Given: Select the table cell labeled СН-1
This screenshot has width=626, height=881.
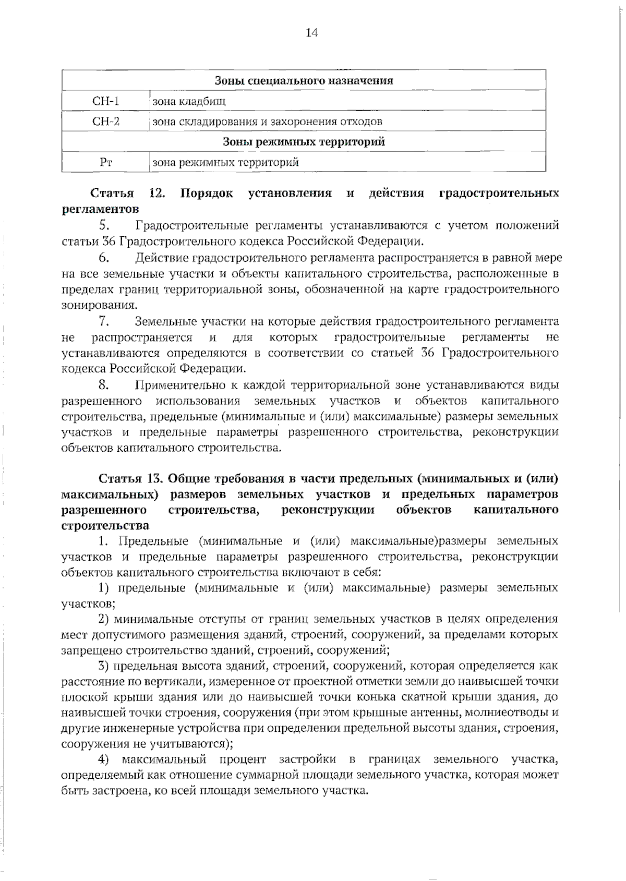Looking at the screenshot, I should [106, 101].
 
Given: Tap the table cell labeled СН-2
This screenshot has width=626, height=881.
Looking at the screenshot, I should [106, 121].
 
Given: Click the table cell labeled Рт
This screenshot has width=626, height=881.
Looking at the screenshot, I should [106, 162].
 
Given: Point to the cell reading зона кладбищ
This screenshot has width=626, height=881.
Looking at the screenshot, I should [189, 101].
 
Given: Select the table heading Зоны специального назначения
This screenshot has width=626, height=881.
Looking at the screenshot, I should [304, 80].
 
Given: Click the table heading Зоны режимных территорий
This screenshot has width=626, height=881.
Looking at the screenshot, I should [304, 141].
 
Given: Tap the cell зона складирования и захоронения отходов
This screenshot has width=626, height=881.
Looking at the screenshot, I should [267, 122].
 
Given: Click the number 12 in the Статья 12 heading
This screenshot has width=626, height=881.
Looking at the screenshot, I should [156, 193].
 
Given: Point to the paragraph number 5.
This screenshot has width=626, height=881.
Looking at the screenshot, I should [103, 225].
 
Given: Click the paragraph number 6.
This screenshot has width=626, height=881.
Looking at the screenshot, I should [103, 257].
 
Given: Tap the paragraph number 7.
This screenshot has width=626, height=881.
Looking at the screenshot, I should [103, 321].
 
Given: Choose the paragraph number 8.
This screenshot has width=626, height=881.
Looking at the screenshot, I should [103, 385].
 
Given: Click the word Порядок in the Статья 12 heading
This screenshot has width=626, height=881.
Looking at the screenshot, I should [207, 193].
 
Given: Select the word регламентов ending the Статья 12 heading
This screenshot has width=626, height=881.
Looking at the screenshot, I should [100, 209].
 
